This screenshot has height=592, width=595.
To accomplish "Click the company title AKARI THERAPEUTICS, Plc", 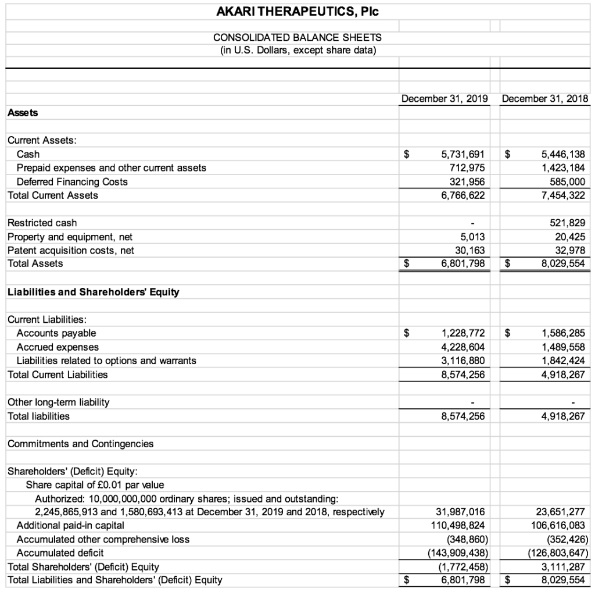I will (x=297, y=12).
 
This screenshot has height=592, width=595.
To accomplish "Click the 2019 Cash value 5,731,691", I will (x=463, y=155).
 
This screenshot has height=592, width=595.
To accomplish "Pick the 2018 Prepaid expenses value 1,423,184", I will (x=562, y=168).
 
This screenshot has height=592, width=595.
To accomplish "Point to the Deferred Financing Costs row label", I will (x=72, y=181).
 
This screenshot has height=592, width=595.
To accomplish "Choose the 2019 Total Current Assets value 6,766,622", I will (x=463, y=195).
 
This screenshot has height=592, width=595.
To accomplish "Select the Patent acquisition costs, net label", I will (x=71, y=250).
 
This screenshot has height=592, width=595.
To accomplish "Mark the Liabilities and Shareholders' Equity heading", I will (x=93, y=292).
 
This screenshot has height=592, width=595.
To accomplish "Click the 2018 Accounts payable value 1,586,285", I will (x=562, y=333).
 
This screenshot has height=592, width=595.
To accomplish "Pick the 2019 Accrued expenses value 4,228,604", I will (x=463, y=347).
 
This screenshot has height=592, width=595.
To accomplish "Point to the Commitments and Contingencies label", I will (x=80, y=444).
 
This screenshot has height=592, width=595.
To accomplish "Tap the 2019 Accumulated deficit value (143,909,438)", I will (x=458, y=552).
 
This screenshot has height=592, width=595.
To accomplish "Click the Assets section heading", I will (x=23, y=113).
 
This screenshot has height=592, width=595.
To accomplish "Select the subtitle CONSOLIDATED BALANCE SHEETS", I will (x=297, y=37).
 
